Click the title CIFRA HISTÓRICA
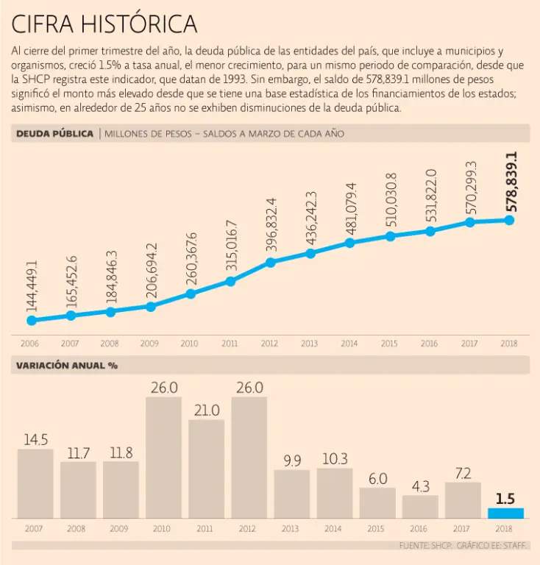point(104,24)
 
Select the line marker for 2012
point(271,262)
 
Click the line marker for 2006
point(31,320)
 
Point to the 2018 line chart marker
point(509,220)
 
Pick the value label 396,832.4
point(271,225)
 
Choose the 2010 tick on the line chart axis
point(190,343)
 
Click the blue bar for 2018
point(505,513)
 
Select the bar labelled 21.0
point(207,469)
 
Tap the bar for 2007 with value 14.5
point(35,483)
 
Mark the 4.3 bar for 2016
point(420,506)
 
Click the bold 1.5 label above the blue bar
point(505,498)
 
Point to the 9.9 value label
point(292,461)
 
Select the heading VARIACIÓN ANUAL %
point(67,365)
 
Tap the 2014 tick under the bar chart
point(334,528)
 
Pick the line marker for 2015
point(391,236)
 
